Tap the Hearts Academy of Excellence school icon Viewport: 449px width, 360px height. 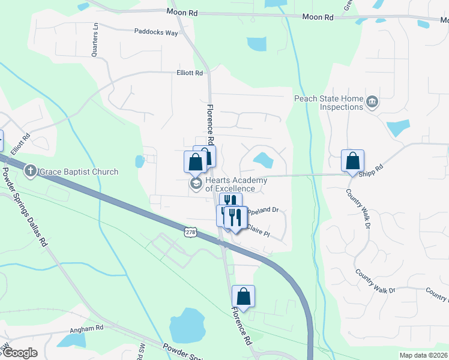pos(195,183)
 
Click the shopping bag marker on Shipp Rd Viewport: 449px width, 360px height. pos(352,161)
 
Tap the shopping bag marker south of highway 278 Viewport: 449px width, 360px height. pos(243,296)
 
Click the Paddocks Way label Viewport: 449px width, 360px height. pos(156,32)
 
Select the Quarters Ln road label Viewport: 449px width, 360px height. pos(95,40)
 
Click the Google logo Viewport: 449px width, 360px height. pos(20,353)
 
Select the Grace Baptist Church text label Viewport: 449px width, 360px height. pos(79,172)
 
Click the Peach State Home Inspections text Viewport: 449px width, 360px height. pos(329,103)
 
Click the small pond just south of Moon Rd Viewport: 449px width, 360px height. pos(256,44)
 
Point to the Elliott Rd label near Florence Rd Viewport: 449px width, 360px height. pos(190,73)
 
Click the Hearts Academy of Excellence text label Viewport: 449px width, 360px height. pos(231,184)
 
